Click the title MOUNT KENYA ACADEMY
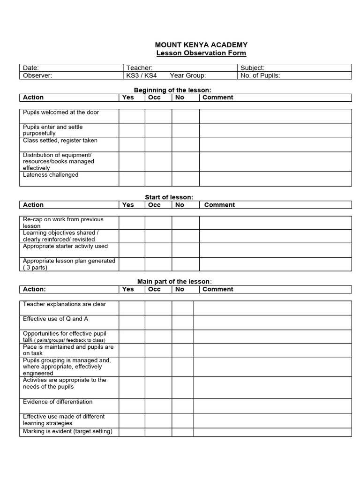click(x=201, y=45)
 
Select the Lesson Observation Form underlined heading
click(x=201, y=53)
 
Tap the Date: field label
click(x=31, y=68)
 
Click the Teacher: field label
click(x=139, y=68)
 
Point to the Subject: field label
click(x=252, y=68)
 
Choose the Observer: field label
click(x=37, y=75)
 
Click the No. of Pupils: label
click(x=260, y=75)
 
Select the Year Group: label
click(x=188, y=75)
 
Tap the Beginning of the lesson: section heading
click(x=172, y=90)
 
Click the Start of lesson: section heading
click(x=169, y=197)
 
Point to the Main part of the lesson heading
click(x=173, y=281)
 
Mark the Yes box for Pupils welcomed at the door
click(x=132, y=116)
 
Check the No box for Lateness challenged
click(x=186, y=179)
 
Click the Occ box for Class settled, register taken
click(x=158, y=144)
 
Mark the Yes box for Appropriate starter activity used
click(x=132, y=250)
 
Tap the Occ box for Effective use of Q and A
click(x=158, y=322)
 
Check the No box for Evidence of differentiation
click(x=183, y=406)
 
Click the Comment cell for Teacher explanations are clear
click(x=272, y=308)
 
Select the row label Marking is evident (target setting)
click(x=67, y=431)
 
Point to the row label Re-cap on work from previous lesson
click(x=63, y=223)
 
